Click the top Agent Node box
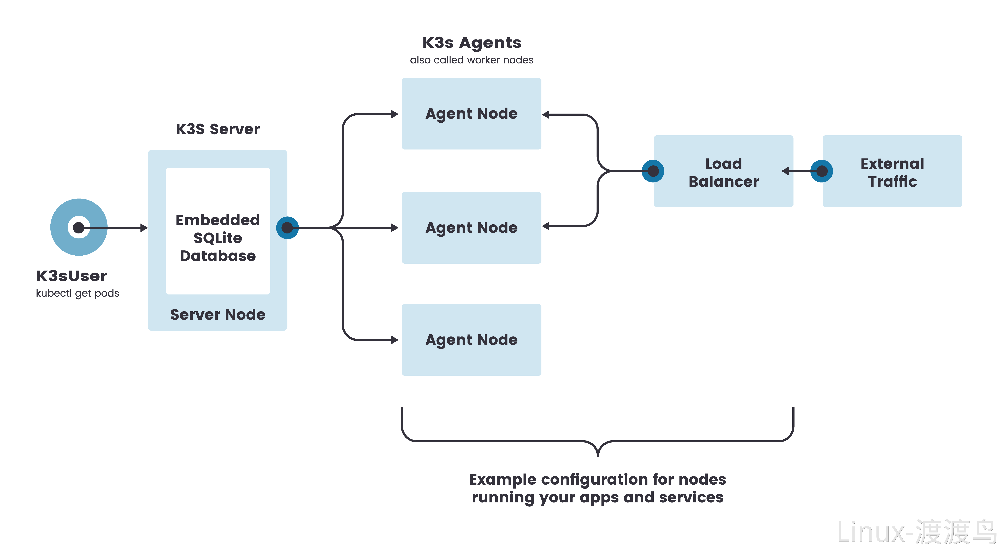[471, 114]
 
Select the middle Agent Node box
[471, 228]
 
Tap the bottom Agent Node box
[471, 340]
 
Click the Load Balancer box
[723, 171]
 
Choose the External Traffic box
[892, 171]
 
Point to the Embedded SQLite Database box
[218, 231]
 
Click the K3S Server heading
[218, 129]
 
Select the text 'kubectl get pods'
[78, 293]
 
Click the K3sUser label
[72, 276]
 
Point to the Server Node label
[218, 315]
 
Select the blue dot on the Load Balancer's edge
[653, 171]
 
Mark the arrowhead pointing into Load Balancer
[785, 171]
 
